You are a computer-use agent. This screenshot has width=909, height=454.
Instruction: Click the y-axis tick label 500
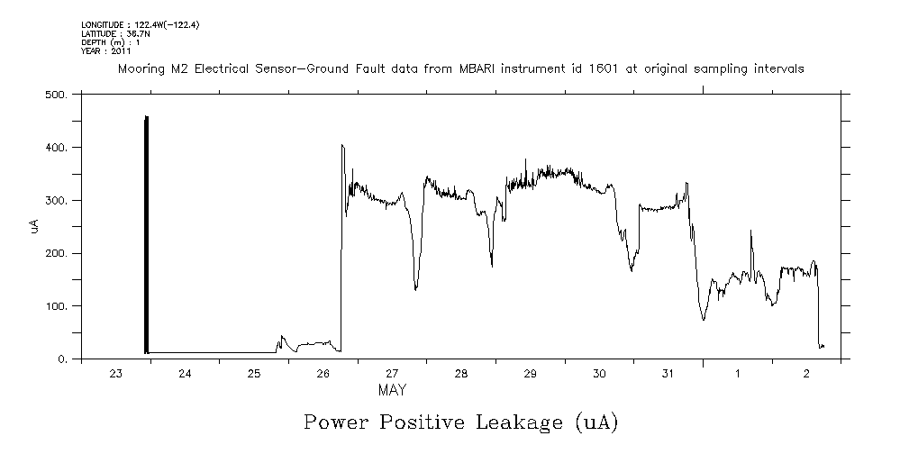(x=56, y=94)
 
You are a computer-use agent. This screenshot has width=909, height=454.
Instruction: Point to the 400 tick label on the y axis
(x=56, y=147)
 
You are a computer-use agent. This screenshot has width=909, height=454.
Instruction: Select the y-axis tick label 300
(x=56, y=200)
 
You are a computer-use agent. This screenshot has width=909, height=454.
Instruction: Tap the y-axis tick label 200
(x=56, y=253)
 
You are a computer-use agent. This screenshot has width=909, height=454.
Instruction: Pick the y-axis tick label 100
(x=56, y=306)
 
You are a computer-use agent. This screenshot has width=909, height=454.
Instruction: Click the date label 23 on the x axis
(x=115, y=374)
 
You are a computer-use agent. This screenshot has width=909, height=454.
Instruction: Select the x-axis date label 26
(x=323, y=374)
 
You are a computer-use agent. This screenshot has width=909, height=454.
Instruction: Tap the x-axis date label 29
(x=530, y=374)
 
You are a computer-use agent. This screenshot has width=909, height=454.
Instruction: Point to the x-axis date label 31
(x=668, y=374)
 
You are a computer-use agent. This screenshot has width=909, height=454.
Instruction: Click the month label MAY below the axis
(x=392, y=391)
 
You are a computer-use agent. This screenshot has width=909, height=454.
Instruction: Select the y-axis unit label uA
(x=34, y=226)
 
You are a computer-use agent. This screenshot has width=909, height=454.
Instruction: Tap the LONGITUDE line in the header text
(x=140, y=25)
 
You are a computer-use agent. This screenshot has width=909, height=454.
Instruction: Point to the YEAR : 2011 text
(x=106, y=51)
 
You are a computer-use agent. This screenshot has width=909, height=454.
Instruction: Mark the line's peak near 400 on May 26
(x=342, y=145)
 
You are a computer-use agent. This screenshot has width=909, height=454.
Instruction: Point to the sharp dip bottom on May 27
(x=415, y=289)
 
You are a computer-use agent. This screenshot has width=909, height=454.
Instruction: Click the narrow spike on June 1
(x=751, y=232)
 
